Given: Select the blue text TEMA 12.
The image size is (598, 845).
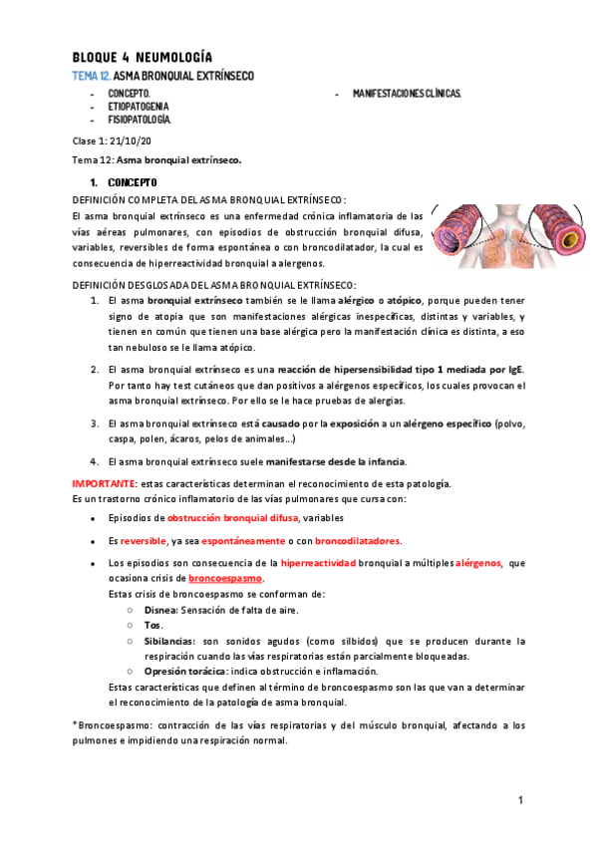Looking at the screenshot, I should pos(92,76).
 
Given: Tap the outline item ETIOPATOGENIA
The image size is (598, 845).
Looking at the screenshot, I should pos(139,106).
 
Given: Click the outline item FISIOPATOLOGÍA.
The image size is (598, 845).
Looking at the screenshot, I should pos(141,119).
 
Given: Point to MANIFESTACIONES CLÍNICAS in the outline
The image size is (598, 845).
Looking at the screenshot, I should pos(408,93).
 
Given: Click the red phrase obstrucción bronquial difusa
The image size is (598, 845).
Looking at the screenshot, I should pos(232,519).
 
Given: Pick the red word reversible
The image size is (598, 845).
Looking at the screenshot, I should pos(143,541).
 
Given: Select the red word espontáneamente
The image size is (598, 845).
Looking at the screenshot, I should pos(246,541).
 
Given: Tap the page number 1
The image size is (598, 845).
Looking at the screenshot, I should pos(520,801).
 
